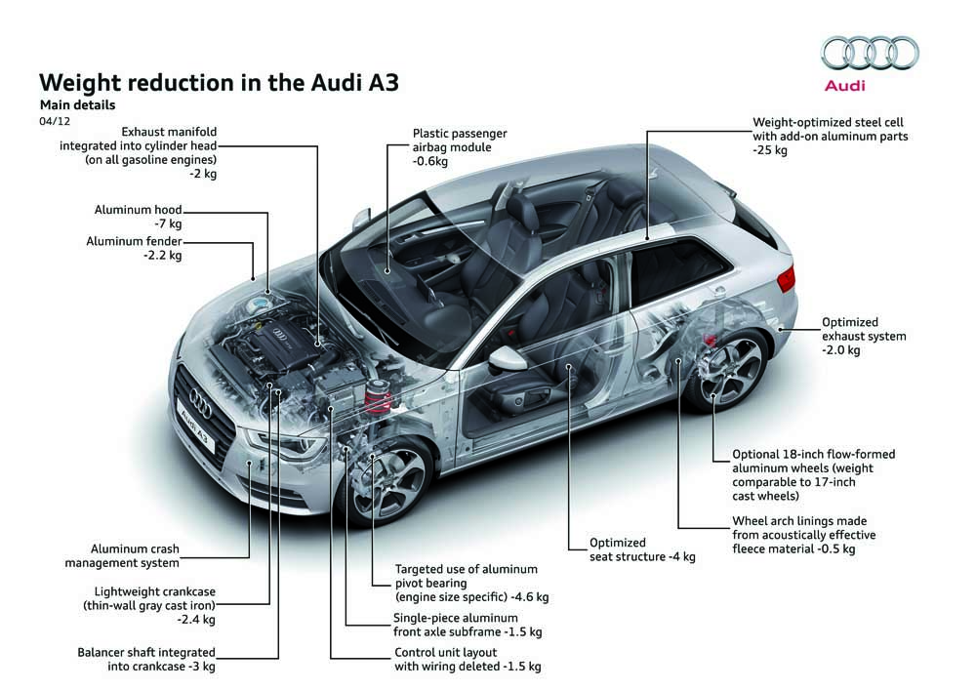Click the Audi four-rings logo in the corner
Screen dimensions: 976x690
870,53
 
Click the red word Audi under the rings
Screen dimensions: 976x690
844,85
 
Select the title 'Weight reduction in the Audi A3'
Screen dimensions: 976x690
219,82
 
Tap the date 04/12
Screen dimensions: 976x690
55,121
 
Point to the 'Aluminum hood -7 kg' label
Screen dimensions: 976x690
139,217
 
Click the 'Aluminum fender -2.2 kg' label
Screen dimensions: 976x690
134,248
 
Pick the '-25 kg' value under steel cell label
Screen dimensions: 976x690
770,150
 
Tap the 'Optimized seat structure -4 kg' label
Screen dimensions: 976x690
642,549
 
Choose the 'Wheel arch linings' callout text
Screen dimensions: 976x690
803,535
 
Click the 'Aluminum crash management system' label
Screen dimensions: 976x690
122,555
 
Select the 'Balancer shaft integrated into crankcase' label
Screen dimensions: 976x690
146,659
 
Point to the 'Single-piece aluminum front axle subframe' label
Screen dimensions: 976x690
468,625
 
